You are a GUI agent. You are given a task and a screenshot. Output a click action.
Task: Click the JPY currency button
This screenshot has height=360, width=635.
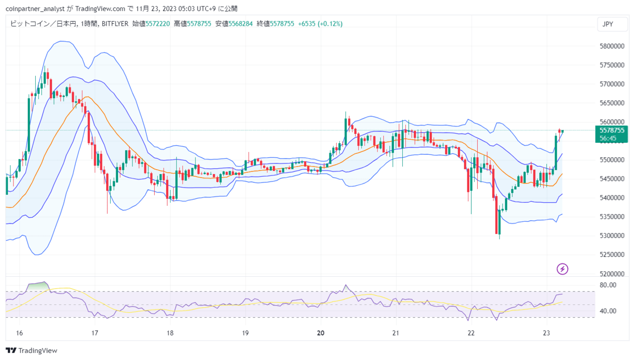pyautogui.click(x=612, y=24)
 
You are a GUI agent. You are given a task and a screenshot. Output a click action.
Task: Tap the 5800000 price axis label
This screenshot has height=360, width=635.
pyautogui.click(x=612, y=46)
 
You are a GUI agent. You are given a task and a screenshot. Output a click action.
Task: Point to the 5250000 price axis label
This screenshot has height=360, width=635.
pyautogui.click(x=612, y=254)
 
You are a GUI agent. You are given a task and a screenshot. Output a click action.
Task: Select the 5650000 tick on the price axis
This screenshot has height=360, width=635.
pyautogui.click(x=612, y=103)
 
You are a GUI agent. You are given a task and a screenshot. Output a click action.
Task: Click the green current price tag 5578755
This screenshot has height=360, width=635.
pyautogui.click(x=612, y=130)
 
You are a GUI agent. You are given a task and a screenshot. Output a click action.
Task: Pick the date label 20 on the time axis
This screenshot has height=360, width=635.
pyautogui.click(x=320, y=333)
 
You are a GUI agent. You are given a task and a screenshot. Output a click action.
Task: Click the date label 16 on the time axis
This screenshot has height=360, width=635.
pyautogui.click(x=19, y=333)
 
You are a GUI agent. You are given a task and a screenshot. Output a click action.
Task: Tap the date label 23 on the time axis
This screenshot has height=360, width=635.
pyautogui.click(x=546, y=333)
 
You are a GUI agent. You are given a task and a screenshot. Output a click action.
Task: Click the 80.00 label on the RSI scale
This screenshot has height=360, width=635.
pyautogui.click(x=608, y=285)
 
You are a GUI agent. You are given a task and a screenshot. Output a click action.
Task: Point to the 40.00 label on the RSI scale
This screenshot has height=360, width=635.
pyautogui.click(x=608, y=311)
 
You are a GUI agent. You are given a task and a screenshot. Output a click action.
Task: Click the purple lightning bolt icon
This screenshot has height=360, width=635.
pyautogui.click(x=563, y=269)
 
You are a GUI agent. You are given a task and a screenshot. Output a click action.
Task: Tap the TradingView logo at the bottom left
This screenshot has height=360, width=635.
pyautogui.click(x=31, y=351)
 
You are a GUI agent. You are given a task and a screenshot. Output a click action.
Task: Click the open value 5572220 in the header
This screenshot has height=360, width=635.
pyautogui.click(x=158, y=24)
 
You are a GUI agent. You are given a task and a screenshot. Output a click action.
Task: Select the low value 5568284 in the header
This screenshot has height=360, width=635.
pyautogui.click(x=241, y=24)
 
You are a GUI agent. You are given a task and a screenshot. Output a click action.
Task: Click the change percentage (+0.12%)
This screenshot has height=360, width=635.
pyautogui.click(x=330, y=24)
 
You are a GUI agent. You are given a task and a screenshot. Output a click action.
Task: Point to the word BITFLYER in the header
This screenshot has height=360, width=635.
pyautogui.click(x=115, y=24)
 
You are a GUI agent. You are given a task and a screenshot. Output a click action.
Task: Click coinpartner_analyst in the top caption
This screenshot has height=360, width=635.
pyautogui.click(x=35, y=9)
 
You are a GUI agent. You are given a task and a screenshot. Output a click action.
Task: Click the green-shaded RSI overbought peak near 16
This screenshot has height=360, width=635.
pyautogui.click(x=38, y=286)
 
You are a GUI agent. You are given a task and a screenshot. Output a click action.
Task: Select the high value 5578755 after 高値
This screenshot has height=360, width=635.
pyautogui.click(x=199, y=24)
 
